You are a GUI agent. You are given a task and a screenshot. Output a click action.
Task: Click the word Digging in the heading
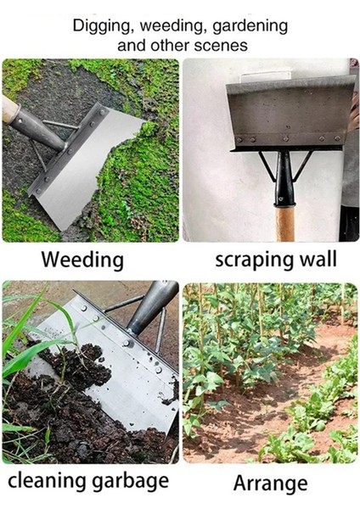click(102, 26)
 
